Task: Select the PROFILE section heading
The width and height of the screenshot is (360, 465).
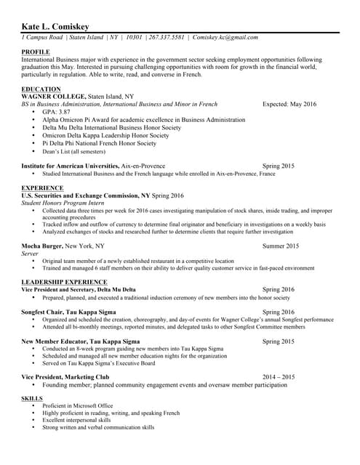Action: (x=36, y=52)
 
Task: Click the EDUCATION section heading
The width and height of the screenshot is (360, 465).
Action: (x=41, y=89)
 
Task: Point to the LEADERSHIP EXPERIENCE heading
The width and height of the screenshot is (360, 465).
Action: (x=65, y=281)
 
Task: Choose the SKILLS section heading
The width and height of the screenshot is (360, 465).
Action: (x=33, y=399)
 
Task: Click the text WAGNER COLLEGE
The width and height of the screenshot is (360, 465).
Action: (x=53, y=97)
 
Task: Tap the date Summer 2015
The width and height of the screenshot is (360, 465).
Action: (x=281, y=246)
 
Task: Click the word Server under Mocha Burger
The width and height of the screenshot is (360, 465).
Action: (x=30, y=254)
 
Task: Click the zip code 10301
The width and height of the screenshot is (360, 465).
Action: (x=134, y=37)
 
